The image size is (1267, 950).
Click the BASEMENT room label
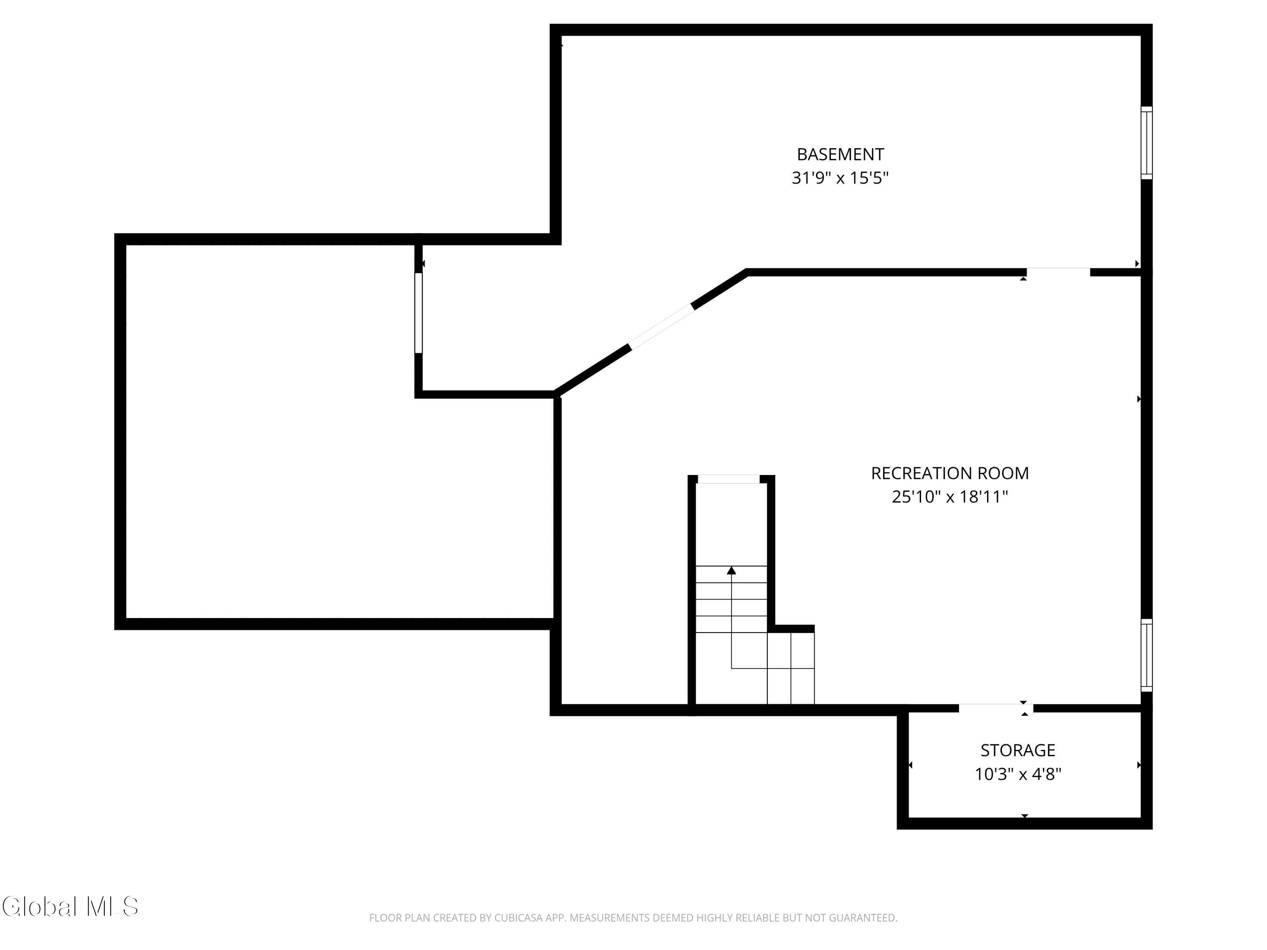tap(840, 155)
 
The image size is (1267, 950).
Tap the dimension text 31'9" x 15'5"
tap(840, 178)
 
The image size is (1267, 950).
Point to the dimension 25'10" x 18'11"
tap(950, 497)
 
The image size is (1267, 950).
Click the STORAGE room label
tap(1018, 750)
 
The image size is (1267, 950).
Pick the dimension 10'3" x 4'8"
tap(1018, 774)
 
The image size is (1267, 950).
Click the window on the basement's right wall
tap(1146, 143)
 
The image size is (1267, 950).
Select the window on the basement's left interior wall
tap(419, 313)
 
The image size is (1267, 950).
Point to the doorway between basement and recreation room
tap(1058, 272)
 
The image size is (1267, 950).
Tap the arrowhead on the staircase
tap(731, 570)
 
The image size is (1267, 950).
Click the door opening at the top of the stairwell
tap(729, 479)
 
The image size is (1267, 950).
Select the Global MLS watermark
tap(70, 907)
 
